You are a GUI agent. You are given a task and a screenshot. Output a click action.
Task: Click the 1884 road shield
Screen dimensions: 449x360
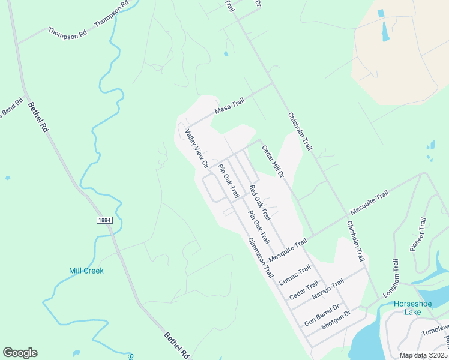click(104, 221)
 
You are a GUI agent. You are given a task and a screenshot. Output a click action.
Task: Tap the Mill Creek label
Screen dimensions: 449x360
click(85, 271)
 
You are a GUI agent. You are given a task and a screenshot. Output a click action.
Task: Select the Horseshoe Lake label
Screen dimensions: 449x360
click(412, 308)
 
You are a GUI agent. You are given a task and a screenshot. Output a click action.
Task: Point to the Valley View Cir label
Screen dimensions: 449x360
click(197, 148)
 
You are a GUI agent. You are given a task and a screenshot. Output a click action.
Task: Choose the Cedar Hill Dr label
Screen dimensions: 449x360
click(271, 160)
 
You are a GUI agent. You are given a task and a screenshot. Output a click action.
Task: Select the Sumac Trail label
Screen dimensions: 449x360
click(295, 274)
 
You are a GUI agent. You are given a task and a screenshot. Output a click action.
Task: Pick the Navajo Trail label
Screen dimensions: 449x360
click(328, 290)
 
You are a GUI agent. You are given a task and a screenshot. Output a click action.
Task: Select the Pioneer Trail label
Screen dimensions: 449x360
click(418, 233)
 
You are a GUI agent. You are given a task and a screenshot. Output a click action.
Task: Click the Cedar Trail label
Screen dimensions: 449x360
click(304, 292)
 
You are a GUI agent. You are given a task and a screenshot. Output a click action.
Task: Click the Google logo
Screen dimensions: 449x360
click(20, 353)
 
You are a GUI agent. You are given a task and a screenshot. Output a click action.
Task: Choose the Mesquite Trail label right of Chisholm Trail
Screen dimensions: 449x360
click(369, 203)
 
